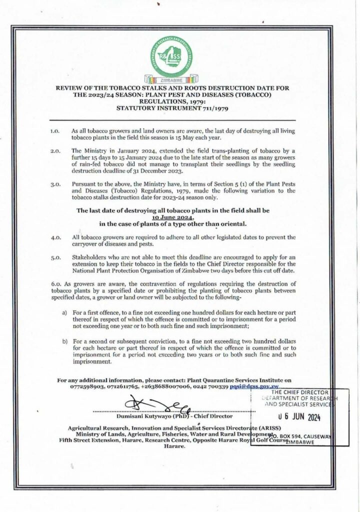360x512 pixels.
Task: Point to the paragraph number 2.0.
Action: click(55, 150)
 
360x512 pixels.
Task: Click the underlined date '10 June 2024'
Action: click(180, 217)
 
